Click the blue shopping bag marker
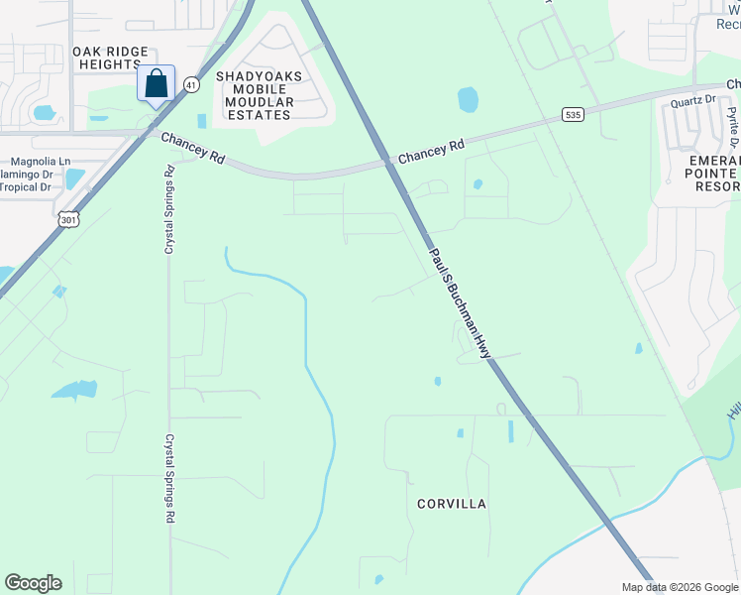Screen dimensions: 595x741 click(157, 83)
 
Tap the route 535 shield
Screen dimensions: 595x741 click(572, 115)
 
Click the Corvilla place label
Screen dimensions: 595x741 click(451, 504)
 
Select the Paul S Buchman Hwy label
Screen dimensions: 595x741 click(460, 302)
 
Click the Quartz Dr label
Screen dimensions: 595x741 click(692, 100)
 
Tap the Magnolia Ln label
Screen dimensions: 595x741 click(41, 161)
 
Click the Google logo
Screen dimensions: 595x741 click(33, 583)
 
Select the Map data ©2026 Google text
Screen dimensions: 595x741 click(679, 587)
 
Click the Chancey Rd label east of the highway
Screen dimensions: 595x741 click(431, 152)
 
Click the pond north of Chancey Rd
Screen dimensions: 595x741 click(468, 99)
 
